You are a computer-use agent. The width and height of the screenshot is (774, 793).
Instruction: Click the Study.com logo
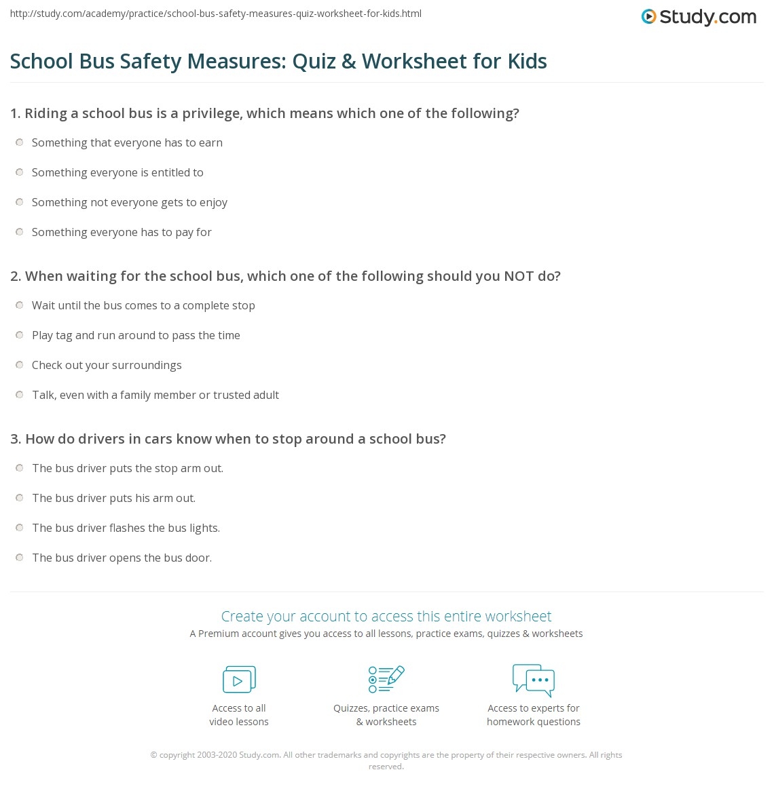(699, 16)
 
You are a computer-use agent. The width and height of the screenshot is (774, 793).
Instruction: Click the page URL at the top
(216, 14)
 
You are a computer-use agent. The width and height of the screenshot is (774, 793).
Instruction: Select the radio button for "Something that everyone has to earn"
(19, 142)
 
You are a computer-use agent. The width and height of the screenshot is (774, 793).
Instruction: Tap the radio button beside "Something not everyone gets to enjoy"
(19, 202)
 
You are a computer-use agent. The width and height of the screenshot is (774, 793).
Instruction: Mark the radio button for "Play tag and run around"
(19, 335)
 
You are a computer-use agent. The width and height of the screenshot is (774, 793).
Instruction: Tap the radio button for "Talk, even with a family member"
(19, 395)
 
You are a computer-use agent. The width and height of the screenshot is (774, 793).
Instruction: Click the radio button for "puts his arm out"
(19, 498)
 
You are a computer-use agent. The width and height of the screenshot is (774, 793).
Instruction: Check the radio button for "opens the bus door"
(19, 558)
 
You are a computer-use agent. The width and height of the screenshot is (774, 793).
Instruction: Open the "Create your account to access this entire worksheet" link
(386, 616)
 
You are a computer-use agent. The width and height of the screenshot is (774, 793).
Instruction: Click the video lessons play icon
(239, 679)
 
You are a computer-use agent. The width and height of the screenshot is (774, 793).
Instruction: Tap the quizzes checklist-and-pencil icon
(386, 679)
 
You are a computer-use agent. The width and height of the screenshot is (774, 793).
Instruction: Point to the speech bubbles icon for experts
(534, 680)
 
